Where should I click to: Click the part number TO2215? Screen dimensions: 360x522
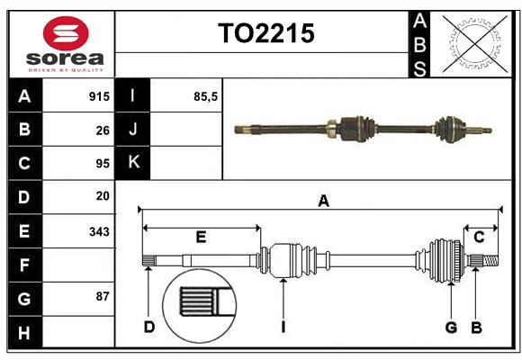point(265,34)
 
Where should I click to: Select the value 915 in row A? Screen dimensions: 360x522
point(99,96)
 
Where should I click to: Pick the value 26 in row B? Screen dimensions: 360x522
point(103,130)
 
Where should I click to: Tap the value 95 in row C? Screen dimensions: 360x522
point(103,164)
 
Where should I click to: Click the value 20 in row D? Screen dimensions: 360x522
point(103,195)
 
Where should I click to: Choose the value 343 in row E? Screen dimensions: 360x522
point(99,231)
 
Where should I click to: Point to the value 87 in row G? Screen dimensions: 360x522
point(103,296)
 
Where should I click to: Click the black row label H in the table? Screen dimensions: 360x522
point(24,333)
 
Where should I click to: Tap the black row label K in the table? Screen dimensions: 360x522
point(133,163)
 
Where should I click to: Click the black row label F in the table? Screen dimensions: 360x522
point(24,265)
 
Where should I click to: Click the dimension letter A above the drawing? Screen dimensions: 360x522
point(322,202)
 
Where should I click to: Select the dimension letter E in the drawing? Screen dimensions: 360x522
point(201,238)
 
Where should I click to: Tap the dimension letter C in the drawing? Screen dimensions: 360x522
point(479,238)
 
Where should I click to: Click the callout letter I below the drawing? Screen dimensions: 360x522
point(283,327)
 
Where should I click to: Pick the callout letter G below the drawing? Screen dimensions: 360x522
point(451,327)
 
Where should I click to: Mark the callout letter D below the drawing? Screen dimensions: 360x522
point(149,327)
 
